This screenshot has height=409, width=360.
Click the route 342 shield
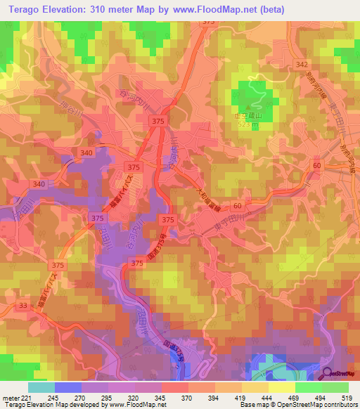[302, 65]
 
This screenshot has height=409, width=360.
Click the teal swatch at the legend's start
[41, 387]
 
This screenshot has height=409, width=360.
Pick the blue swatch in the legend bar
[67, 387]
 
